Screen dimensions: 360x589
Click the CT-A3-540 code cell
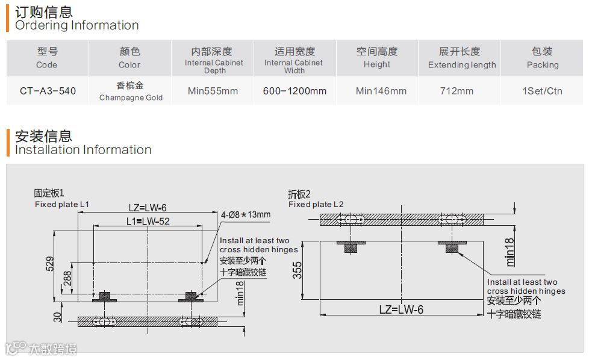48,92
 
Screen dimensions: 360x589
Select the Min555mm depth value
213,92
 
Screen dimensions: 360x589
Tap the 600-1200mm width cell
294,92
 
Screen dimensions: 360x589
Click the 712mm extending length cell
457,92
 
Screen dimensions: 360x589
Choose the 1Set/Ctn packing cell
542,92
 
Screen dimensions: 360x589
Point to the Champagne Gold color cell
131,92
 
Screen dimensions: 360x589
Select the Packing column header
542,58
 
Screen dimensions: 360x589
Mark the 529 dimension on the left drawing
50,264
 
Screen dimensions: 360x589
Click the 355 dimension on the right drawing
297,270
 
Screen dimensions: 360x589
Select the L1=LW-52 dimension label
147,222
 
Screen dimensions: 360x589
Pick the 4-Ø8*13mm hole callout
246,215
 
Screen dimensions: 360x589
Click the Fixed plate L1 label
62,204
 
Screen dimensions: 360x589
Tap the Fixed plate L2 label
316,204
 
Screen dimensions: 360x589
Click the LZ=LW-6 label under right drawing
401,309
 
